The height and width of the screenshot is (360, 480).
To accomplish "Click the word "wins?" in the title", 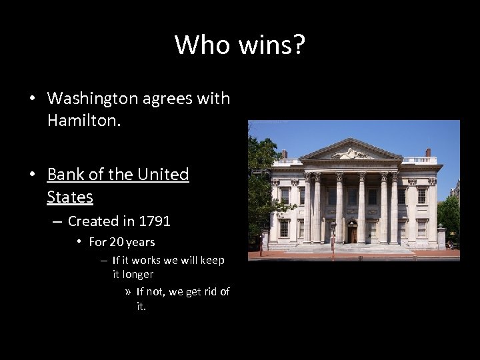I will (274, 45).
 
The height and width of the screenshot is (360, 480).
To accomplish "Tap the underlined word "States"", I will (70, 197).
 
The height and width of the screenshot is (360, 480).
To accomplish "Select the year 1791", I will (155, 221).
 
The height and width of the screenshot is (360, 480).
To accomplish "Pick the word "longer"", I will (139, 274).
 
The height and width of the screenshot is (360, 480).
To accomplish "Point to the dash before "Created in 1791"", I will (56, 221).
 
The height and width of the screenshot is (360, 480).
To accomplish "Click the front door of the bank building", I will (352, 234).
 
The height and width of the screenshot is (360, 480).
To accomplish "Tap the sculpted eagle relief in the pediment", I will (349, 154).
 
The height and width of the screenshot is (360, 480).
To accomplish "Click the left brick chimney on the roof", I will (285, 153).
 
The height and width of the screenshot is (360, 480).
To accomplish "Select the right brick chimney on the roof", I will (428, 153).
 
